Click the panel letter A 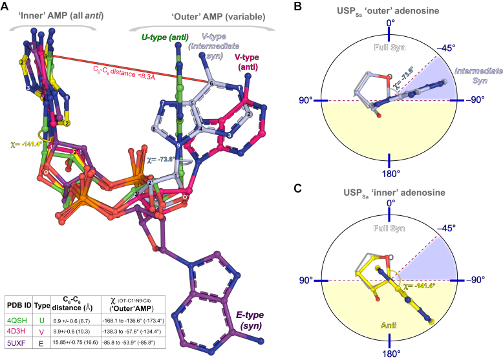[x=6, y=6]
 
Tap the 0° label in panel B [x=389, y=24]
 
